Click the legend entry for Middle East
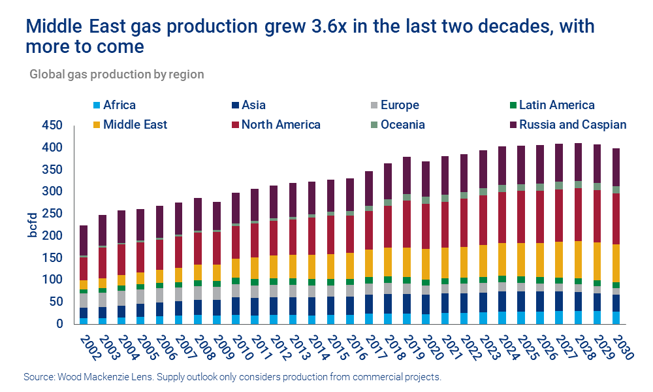pos(135,124)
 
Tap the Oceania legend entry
pos(402,124)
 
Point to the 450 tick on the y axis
pos(52,125)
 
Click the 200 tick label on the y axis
pos(52,236)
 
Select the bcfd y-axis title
pos(31,225)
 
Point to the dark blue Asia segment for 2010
pos(235,306)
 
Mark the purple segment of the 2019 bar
pos(406,175)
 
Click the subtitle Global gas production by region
pos(117,74)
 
